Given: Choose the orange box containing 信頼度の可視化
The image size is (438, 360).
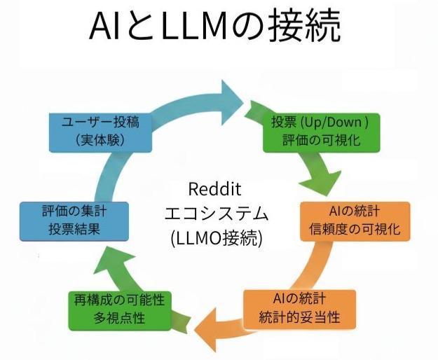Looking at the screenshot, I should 355,221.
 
